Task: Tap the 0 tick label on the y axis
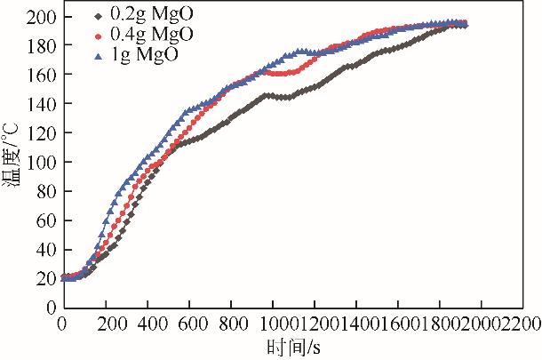49,307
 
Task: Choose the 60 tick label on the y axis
44,220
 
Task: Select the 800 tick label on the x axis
230,324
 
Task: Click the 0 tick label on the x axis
61,324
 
